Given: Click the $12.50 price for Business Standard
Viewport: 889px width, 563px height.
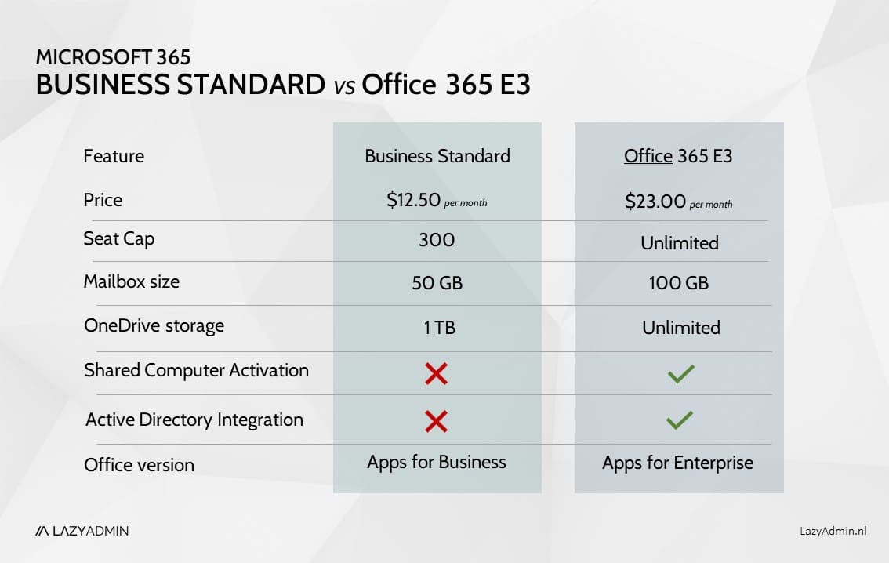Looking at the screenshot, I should pyautogui.click(x=414, y=200).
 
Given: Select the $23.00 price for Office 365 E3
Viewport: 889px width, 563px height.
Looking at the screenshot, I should pyautogui.click(x=656, y=202).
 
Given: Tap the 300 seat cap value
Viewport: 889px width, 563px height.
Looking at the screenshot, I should pyautogui.click(x=437, y=240).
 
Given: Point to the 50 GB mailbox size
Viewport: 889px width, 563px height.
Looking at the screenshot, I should pyautogui.click(x=437, y=282).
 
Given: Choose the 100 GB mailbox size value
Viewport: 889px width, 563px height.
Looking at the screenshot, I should pyautogui.click(x=679, y=282).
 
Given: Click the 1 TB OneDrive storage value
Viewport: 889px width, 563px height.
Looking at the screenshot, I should pyautogui.click(x=439, y=327).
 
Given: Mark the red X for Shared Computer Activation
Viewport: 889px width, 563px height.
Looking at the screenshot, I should pyautogui.click(x=436, y=373).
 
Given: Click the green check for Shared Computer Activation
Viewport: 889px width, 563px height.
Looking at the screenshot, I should pyautogui.click(x=680, y=374).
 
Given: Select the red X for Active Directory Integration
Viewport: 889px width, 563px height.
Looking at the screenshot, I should pyautogui.click(x=436, y=422).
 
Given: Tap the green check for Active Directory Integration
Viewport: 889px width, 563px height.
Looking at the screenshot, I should pyautogui.click(x=679, y=421).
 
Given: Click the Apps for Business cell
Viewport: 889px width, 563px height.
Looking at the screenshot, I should pyautogui.click(x=437, y=462).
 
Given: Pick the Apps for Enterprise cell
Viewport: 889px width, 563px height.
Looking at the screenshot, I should pyautogui.click(x=677, y=463).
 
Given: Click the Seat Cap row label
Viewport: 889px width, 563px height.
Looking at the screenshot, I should pyautogui.click(x=118, y=238).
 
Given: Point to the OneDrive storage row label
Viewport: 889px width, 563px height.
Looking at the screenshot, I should pyautogui.click(x=154, y=325).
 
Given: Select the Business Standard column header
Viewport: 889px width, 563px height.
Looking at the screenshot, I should pyautogui.click(x=437, y=156).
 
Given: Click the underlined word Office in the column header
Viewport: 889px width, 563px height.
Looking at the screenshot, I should pyautogui.click(x=648, y=156).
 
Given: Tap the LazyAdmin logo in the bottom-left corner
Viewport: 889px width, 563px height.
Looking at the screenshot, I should pyautogui.click(x=82, y=531).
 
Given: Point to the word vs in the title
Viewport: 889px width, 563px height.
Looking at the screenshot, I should pyautogui.click(x=345, y=86).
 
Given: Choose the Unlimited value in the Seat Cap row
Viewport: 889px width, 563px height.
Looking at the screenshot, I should pyautogui.click(x=680, y=243).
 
